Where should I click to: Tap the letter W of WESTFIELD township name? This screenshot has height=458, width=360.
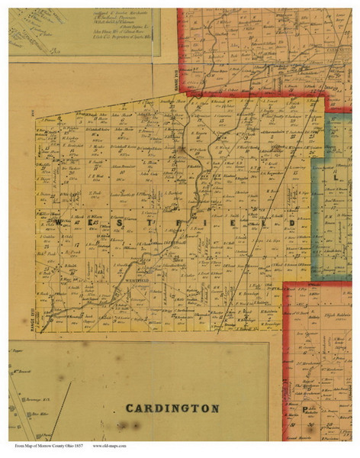pos(58,221)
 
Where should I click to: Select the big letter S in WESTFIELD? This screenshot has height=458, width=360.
pos(124,221)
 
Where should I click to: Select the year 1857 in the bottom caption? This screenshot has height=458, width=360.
pos(78,445)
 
